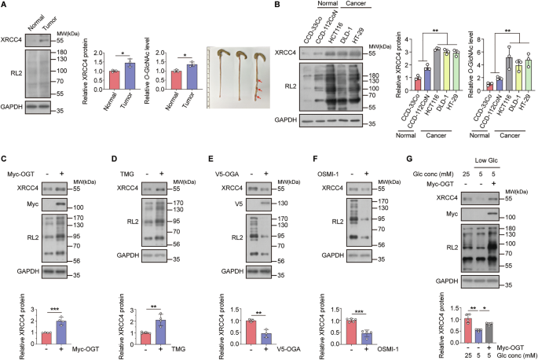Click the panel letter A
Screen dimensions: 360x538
point(5,6)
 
